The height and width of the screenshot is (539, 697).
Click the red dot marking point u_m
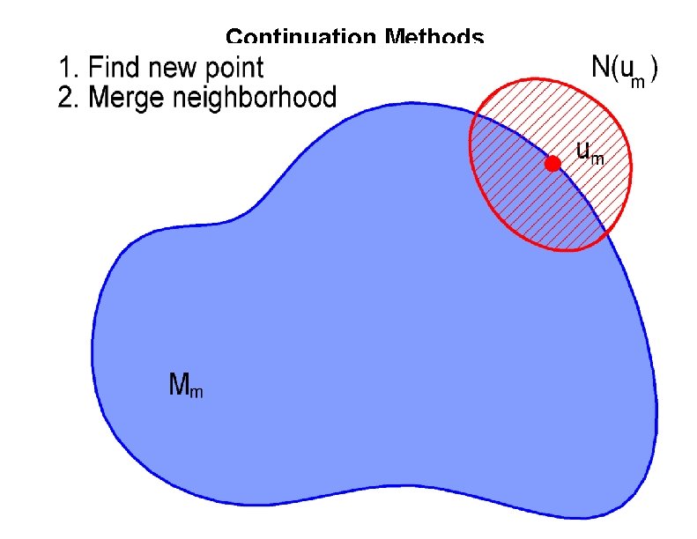[552, 164]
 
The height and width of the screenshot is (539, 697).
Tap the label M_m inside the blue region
[185, 385]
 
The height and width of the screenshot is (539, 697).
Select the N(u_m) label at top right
[625, 71]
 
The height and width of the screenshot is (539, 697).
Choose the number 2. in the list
[66, 96]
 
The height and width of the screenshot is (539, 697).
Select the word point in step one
[235, 69]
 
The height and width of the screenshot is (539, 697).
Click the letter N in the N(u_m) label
[600, 67]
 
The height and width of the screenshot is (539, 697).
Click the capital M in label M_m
[178, 383]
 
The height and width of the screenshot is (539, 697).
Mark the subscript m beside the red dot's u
[597, 159]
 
